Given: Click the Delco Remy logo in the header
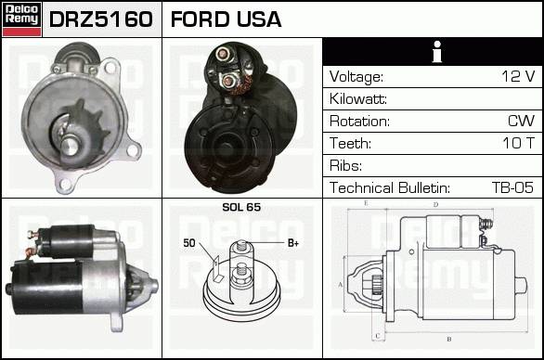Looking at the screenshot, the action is [x=22, y=19].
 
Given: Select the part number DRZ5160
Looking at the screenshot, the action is [x=101, y=19].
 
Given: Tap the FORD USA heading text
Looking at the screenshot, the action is [x=226, y=19].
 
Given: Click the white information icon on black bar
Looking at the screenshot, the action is [x=437, y=52].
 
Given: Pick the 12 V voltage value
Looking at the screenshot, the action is [x=518, y=76].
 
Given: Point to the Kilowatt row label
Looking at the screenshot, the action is [x=358, y=99].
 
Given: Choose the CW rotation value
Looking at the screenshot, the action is [x=521, y=121].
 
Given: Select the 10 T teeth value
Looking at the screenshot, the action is [x=519, y=143].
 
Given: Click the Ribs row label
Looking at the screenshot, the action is [x=345, y=165].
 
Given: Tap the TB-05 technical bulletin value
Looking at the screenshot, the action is [x=512, y=187].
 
